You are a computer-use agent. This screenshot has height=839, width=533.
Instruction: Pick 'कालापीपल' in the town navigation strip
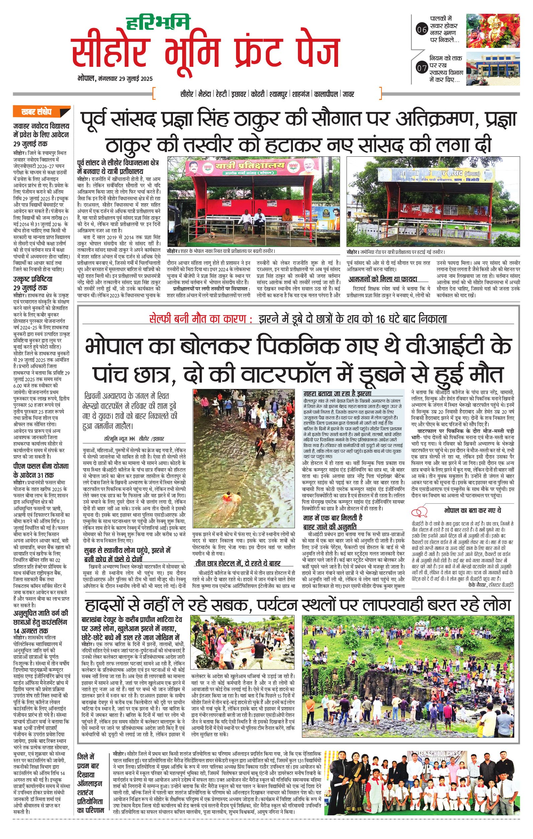click(x=326, y=94)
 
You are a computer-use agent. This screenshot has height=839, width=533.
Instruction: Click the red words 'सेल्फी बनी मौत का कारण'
click(x=201, y=319)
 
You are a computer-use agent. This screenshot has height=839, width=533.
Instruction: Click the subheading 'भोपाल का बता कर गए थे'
click(x=472, y=510)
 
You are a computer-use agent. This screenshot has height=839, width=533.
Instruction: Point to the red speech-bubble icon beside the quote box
click(x=420, y=512)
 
